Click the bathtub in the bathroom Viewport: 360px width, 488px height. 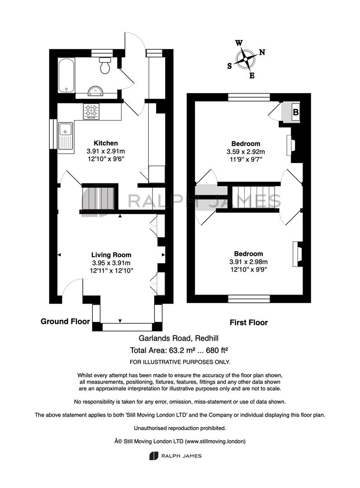pos(66,75)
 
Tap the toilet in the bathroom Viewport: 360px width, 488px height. pos(105,66)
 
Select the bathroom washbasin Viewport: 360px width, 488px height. pos(95,90)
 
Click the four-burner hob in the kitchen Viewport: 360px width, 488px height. pos(91,112)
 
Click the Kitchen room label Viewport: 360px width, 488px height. pos(106,143)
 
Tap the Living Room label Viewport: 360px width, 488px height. pos(111,255)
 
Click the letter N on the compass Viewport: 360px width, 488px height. pos(262,52)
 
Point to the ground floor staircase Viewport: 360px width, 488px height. pos(99,197)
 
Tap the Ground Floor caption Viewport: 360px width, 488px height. pos(65,321)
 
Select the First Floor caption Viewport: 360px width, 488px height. pos(248,323)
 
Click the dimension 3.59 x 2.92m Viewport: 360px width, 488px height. pos(246,152)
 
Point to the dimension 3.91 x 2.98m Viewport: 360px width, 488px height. pos(248,262)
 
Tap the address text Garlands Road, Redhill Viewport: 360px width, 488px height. pos(179,338)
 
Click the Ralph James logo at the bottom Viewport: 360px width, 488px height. pos(175,456)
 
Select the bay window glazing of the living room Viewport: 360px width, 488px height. pos(128,327)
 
